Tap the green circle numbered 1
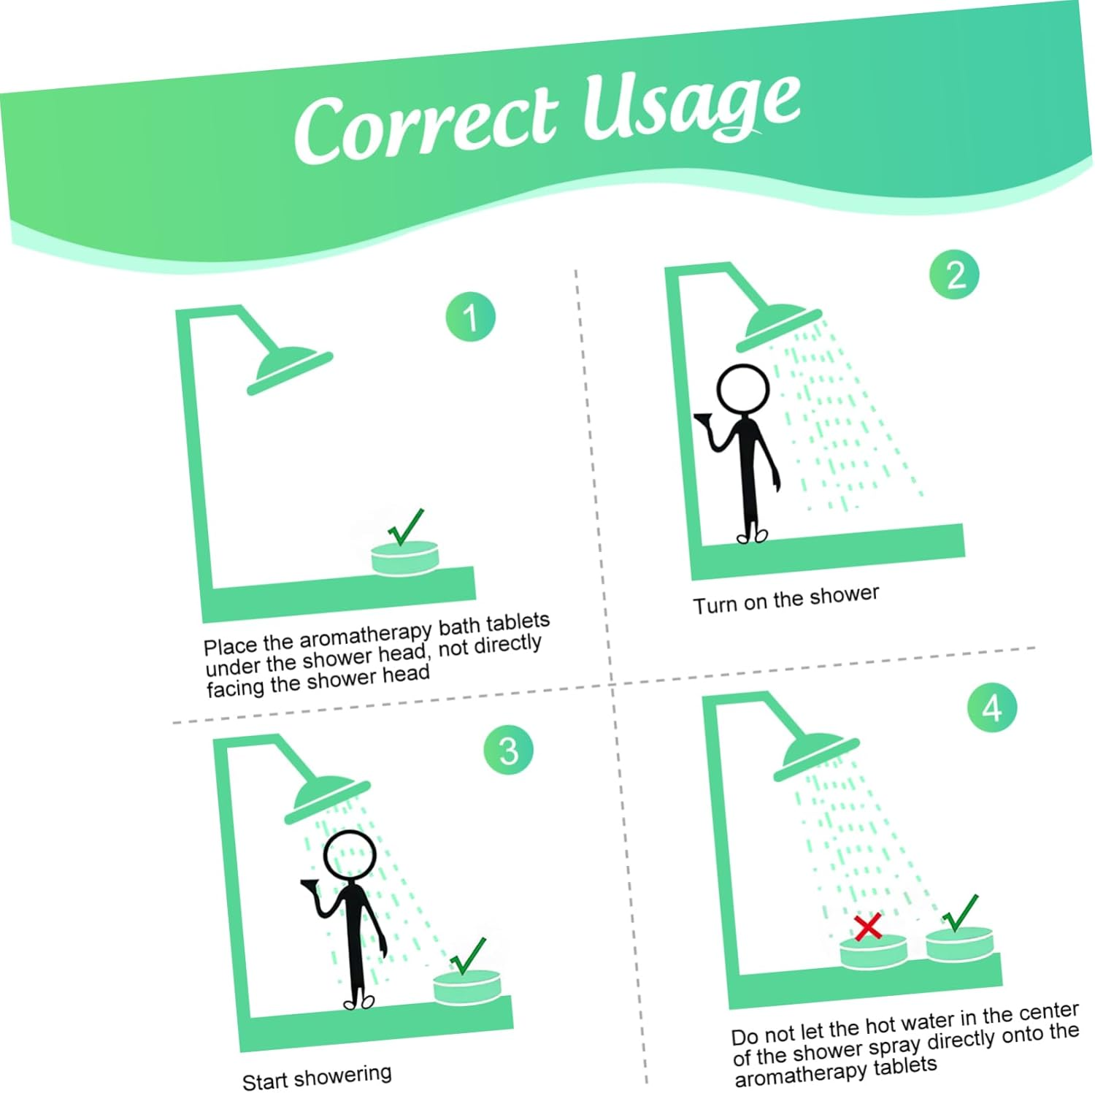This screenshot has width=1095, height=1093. click(471, 317)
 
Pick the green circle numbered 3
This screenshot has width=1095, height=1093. click(508, 750)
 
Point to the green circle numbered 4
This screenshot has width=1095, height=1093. click(992, 707)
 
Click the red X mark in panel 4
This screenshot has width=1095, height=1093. click(868, 927)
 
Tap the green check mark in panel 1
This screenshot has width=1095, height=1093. click(405, 526)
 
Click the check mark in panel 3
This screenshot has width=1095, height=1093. click(467, 956)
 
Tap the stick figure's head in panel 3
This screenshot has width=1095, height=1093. click(350, 856)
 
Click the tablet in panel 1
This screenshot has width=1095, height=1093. click(406, 558)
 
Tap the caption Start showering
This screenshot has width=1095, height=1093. click(317, 1076)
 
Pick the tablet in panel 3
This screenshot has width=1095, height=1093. click(467, 987)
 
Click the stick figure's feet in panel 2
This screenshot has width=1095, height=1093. click(753, 536)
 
